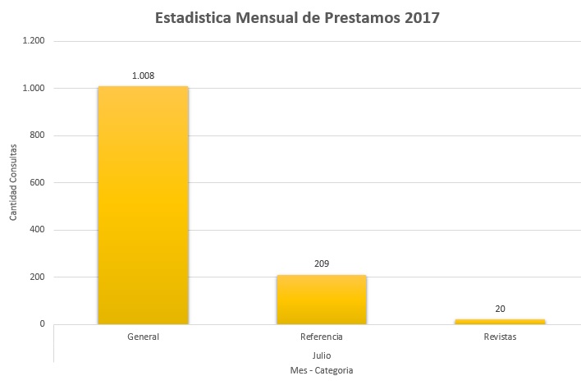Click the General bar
click(x=143, y=205)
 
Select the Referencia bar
click(x=322, y=300)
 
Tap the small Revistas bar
click(x=500, y=321)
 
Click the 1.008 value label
click(x=143, y=76)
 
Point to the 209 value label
click(x=322, y=264)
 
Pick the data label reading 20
click(x=500, y=308)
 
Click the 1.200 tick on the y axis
click(x=34, y=41)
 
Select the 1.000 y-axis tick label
click(x=34, y=88)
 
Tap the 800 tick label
click(x=37, y=135)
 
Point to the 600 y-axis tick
click(x=37, y=182)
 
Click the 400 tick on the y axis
click(x=37, y=230)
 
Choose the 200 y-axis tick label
click(x=37, y=277)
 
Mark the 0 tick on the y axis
click(x=42, y=324)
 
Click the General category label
click(x=143, y=337)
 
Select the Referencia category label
click(x=322, y=337)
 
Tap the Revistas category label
click(x=500, y=337)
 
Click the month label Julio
click(x=322, y=355)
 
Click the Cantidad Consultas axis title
click(x=13, y=182)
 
